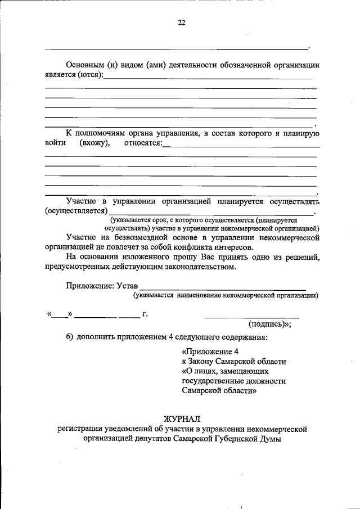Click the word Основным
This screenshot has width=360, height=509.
(x=85, y=65)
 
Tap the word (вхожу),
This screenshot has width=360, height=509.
(x=94, y=143)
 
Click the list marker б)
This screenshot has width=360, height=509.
(x=70, y=337)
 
